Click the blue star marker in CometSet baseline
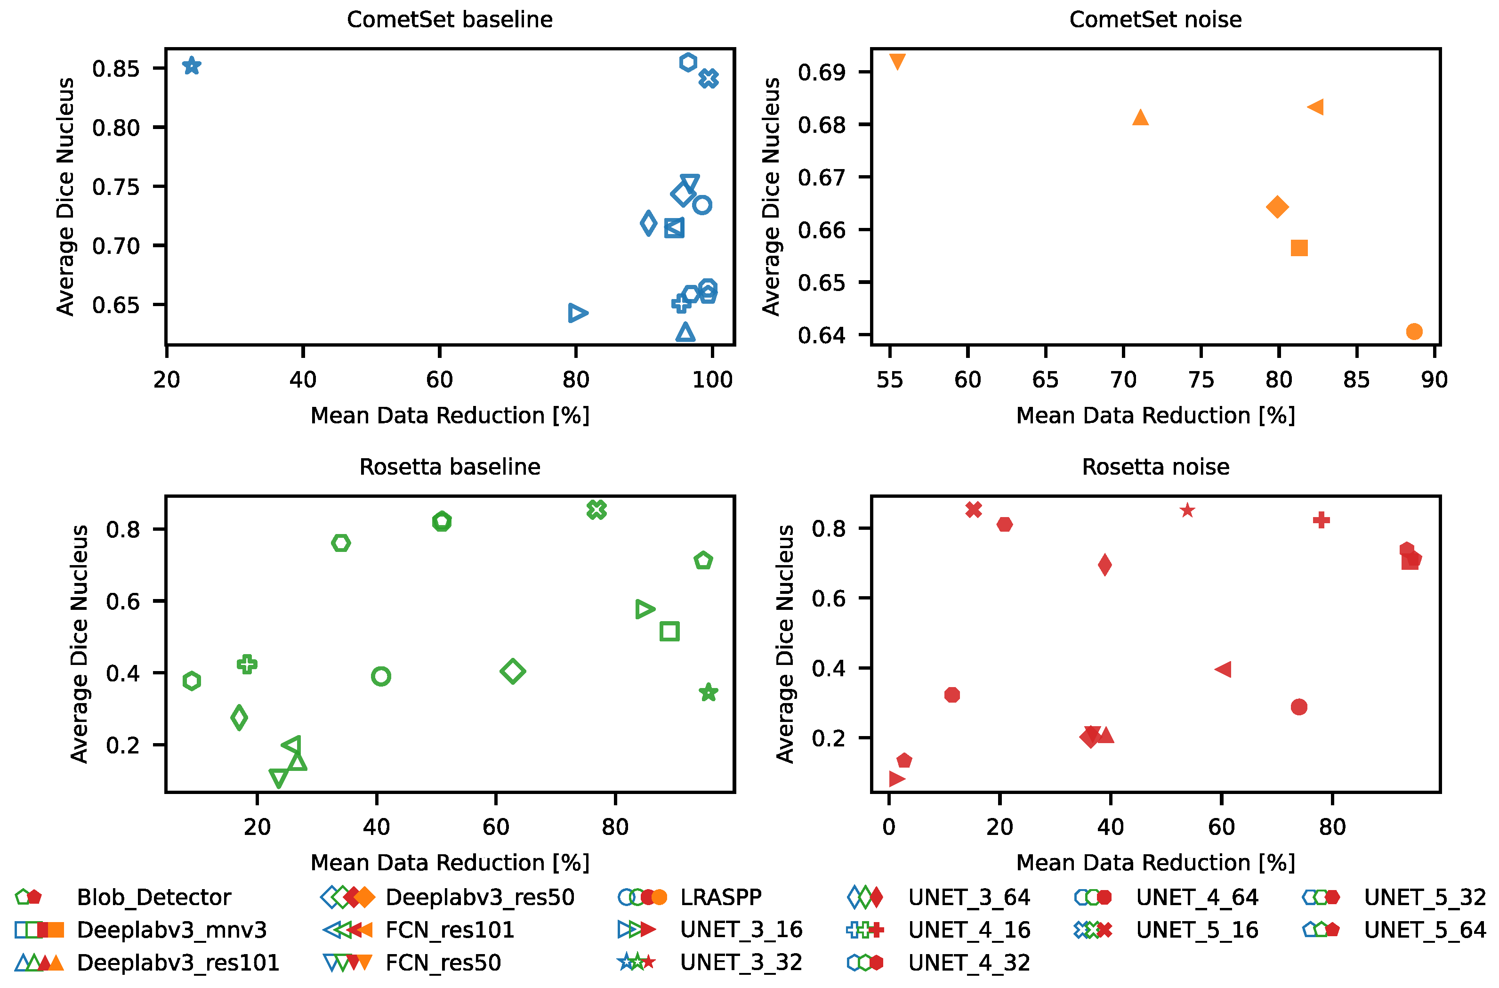point(192,65)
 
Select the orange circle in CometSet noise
point(1414,332)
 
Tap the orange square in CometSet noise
point(1299,248)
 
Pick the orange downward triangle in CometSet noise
point(897,61)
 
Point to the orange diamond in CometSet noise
point(1277,207)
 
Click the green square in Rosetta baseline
point(669,631)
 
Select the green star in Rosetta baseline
point(709,692)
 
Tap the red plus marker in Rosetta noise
point(1322,520)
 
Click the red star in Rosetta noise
point(1187,510)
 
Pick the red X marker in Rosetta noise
point(974,509)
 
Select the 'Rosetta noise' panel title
point(1156,467)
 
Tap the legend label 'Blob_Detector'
point(153,897)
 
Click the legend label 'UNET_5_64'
point(1425,930)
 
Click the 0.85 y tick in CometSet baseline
point(116,68)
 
